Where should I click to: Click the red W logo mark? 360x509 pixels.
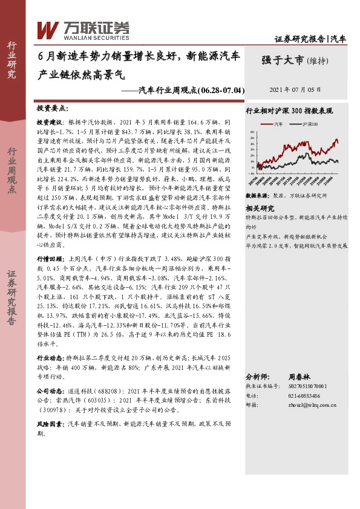coord(47,28)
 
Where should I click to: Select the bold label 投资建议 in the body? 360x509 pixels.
coord(49,122)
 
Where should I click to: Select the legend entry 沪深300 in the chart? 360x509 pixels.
coord(308,123)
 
